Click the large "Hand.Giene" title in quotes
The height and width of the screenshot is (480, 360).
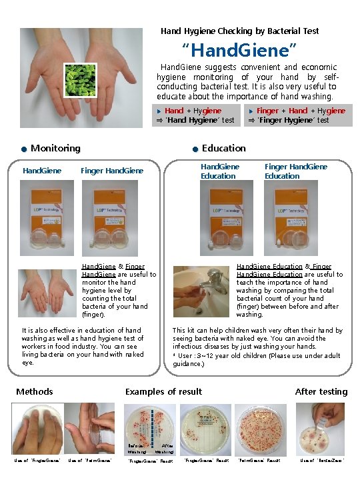[x=239, y=49]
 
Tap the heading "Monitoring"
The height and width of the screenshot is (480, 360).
[x=55, y=148]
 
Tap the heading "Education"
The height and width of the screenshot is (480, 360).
[x=223, y=148]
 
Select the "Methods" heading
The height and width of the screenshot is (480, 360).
[x=35, y=391]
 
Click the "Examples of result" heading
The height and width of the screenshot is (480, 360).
[x=163, y=391]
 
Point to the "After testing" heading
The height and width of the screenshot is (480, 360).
[x=321, y=391]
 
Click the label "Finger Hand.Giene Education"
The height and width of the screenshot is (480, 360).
[x=295, y=171]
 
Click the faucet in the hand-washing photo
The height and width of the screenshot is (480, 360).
[x=215, y=277]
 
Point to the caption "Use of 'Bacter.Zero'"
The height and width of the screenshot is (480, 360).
[x=322, y=460]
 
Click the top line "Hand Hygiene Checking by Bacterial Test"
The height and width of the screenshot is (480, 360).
[x=239, y=31]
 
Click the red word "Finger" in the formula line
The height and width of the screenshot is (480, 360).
[x=267, y=111]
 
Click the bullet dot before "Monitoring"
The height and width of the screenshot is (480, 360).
[x=23, y=149]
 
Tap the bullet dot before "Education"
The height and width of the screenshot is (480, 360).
[x=194, y=149]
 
